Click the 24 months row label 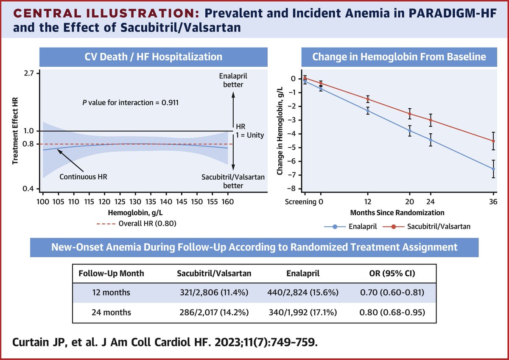click(112, 312)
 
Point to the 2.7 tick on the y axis click(30, 73)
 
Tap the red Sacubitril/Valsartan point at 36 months click(493, 141)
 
